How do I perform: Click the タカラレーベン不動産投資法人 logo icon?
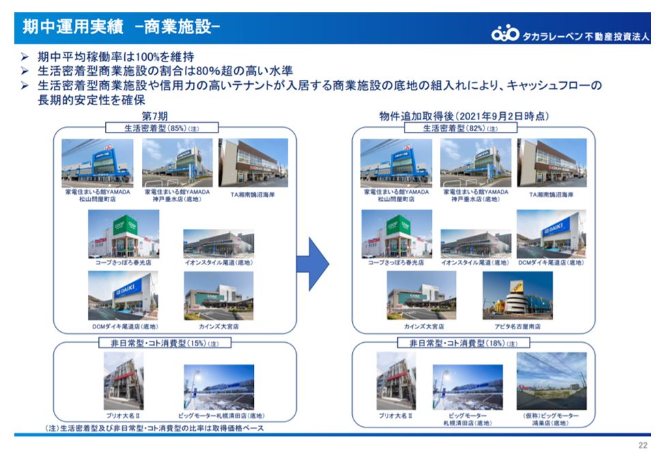tap(506, 33)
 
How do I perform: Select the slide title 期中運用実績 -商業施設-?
tap(120, 27)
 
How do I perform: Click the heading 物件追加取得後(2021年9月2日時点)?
tap(465, 116)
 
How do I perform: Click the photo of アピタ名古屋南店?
tap(517, 296)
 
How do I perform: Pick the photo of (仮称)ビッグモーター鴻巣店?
tap(551, 380)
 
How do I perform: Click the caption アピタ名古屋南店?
tap(517, 326)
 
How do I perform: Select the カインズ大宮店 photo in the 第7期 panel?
tap(218, 296)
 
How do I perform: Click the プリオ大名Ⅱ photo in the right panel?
tap(396, 380)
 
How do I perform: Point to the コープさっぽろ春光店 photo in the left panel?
tap(124, 234)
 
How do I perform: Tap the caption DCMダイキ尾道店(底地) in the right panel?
tap(551, 262)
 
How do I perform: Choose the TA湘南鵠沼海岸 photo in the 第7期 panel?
tap(252, 163)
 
